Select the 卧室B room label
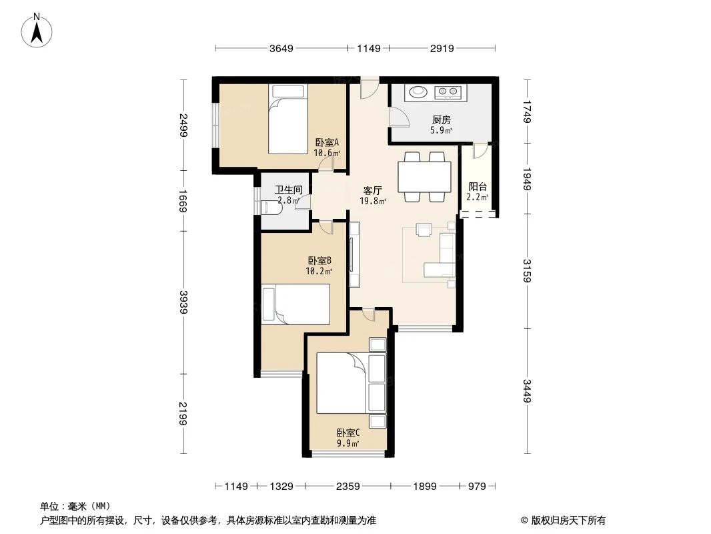(319, 266)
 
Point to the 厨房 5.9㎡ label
(441, 125)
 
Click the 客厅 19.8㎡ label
(372, 194)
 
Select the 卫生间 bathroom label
(288, 194)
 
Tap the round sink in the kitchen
(418, 92)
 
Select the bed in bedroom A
(288, 119)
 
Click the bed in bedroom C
(341, 383)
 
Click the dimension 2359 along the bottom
(348, 486)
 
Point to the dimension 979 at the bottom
(476, 486)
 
